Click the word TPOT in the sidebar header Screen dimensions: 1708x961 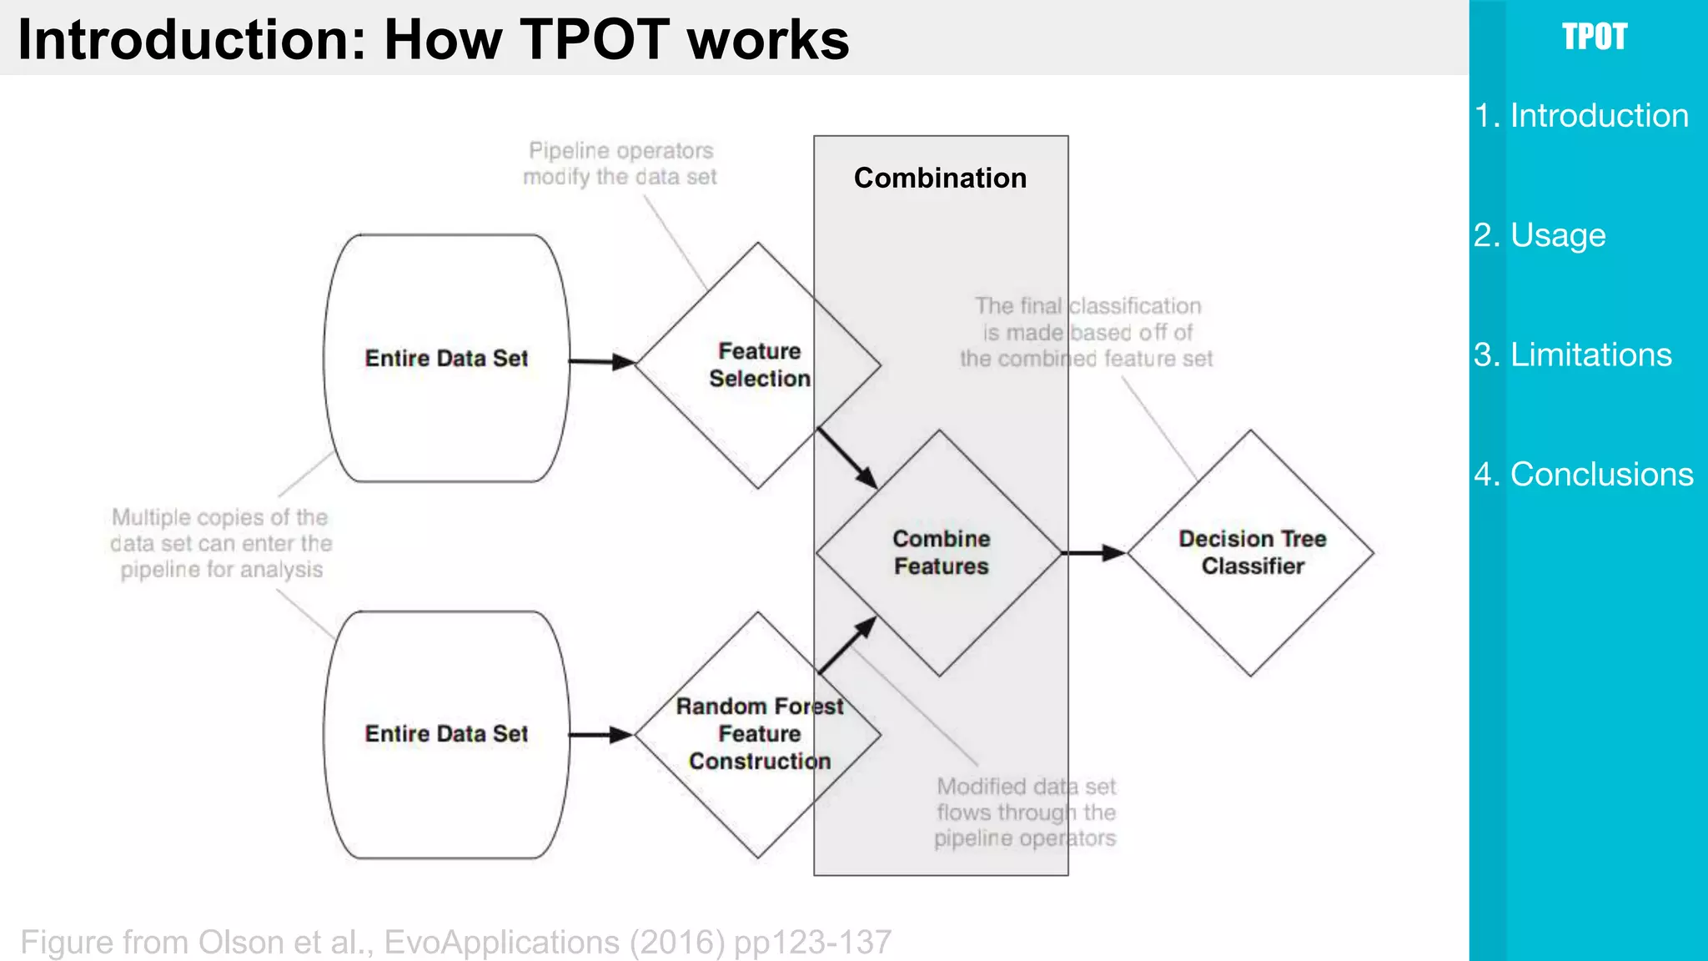point(1594,37)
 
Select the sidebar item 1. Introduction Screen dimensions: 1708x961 point(1581,115)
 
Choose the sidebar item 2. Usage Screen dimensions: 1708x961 point(1540,235)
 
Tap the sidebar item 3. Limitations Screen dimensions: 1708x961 point(1573,355)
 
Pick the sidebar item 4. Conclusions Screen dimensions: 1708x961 point(1584,474)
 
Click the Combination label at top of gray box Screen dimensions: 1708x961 point(940,178)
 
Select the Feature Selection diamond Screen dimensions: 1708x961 point(758,365)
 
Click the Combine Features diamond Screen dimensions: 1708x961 point(940,552)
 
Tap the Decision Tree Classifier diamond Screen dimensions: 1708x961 point(1251,552)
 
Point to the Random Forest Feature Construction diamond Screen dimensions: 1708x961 point(758,734)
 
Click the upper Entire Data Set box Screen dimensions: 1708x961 point(446,358)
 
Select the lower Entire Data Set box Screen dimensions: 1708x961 point(446,734)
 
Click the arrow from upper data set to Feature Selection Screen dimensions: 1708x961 point(601,362)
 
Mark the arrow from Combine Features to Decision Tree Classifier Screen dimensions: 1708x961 point(1093,552)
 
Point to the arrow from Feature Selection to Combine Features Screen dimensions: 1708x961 point(846,458)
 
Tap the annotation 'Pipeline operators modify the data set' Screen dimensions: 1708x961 point(620,164)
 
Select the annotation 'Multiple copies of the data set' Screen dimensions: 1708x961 point(221,543)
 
